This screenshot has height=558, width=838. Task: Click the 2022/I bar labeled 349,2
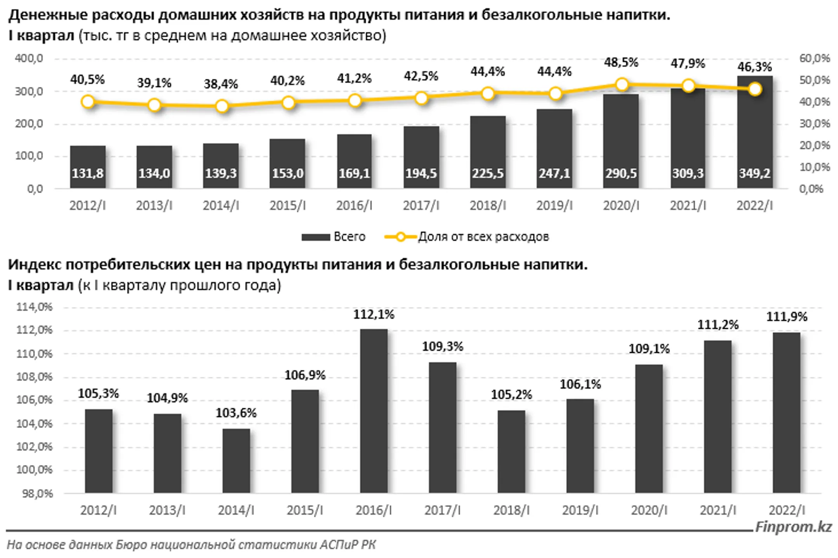point(755,132)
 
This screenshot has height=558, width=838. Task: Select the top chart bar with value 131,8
point(88,167)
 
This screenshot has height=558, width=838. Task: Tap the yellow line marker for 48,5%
point(622,84)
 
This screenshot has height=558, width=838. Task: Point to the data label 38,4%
point(221,84)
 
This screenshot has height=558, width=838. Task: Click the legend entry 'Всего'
point(334,237)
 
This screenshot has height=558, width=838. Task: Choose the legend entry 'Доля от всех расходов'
point(467,237)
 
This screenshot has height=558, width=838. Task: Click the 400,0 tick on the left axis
point(29,59)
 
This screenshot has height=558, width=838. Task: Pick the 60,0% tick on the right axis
point(815,58)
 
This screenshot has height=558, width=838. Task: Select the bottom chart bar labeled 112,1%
point(374,411)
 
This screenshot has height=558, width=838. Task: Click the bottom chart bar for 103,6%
point(236,461)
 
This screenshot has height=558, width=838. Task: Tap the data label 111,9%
point(786,317)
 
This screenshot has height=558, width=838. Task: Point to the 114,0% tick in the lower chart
point(34,307)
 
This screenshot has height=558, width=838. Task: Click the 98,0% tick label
point(37,494)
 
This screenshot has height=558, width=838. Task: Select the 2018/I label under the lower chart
point(511,510)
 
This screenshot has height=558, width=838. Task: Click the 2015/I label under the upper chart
point(288,206)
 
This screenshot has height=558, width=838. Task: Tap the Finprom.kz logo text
point(793,527)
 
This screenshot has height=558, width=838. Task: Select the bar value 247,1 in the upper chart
point(554,173)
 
